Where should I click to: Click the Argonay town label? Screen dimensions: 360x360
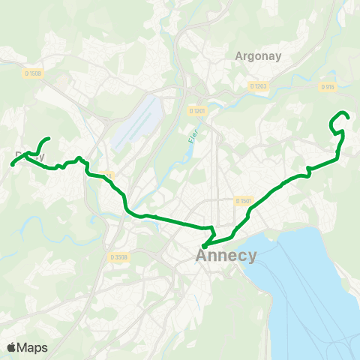coord(257,55)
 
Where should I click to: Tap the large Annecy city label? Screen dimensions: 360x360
coord(226,256)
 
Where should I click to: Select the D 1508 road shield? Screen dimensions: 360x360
coord(32,73)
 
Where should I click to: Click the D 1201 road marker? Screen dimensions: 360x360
coord(196,112)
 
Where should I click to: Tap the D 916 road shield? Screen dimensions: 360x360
coord(327,87)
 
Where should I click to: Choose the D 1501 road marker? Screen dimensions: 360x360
coord(243,200)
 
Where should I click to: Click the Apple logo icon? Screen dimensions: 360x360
coord(12,347)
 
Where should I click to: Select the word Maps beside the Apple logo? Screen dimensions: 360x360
coord(33,347)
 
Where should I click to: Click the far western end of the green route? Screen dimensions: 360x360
coord(13,164)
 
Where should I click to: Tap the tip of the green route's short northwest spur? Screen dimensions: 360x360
coord(49,139)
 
